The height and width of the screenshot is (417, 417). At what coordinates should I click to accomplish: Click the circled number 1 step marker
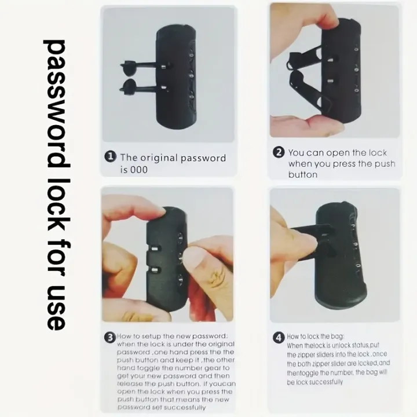111,156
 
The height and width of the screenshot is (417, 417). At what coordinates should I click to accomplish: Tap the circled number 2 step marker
279,152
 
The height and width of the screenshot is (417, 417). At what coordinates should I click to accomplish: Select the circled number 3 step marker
110,338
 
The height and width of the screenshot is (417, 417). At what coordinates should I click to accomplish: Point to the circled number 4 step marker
279,338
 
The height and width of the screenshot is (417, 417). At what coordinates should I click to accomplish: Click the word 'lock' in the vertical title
56,209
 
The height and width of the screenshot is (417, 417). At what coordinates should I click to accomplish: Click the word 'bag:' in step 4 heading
337,336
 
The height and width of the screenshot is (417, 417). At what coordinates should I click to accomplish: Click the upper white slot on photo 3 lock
155,248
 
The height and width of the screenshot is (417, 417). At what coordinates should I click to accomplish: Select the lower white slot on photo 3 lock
155,270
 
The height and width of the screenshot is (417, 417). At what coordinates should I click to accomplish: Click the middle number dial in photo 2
356,69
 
